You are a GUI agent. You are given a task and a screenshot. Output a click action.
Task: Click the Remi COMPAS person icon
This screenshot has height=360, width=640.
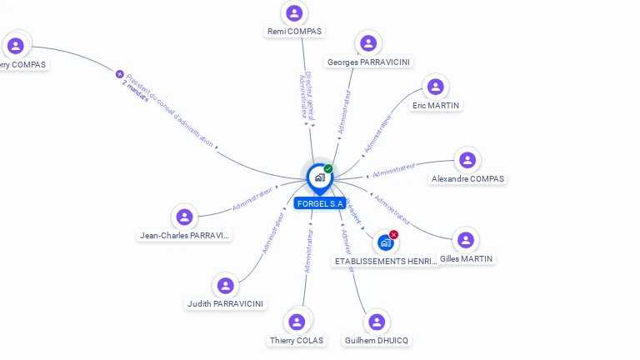point(293,13)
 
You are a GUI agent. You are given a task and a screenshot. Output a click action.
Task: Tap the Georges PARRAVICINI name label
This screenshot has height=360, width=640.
point(368,62)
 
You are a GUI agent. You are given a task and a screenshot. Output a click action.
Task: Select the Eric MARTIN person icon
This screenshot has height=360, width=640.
point(435,87)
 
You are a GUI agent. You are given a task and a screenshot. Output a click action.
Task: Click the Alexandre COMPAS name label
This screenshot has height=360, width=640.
point(467,179)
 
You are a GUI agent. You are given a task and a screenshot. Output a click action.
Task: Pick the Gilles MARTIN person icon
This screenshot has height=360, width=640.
point(466,241)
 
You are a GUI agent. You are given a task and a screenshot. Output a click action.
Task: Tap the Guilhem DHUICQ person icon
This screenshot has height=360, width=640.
point(377,322)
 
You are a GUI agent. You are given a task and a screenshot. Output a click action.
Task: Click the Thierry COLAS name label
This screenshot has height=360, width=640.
point(297,340)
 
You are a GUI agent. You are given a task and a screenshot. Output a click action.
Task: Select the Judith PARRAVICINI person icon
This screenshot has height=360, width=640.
point(225,286)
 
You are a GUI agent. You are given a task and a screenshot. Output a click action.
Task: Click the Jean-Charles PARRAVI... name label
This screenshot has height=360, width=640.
point(184,236)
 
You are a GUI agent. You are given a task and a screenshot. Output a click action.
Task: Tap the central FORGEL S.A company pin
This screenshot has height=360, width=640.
point(319,177)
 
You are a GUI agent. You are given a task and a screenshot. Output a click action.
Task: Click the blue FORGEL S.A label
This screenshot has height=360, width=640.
point(320,203)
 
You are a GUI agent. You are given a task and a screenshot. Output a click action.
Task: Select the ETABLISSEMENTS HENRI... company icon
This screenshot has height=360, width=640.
point(385,242)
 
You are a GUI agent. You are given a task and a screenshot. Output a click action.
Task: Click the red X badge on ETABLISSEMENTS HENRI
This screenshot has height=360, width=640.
point(393,234)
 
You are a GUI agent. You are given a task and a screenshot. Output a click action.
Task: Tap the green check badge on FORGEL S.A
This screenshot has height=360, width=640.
point(328,169)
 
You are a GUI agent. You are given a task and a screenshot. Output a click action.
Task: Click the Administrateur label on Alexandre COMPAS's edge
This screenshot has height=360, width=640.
point(393,171)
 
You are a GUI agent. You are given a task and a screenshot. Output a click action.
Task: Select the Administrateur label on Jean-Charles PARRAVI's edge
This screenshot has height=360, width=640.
point(252,197)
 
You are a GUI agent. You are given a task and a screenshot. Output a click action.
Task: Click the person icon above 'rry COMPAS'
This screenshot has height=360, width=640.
point(16,46)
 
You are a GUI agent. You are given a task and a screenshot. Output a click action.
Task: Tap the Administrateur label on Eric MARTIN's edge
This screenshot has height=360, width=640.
point(377,133)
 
